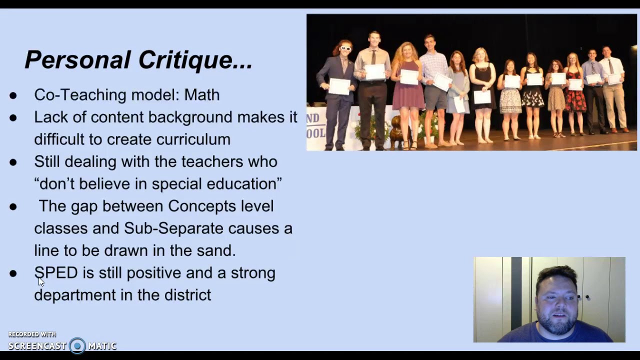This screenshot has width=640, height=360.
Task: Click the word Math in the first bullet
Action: coord(202,95)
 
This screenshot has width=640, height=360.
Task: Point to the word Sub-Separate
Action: coord(173,228)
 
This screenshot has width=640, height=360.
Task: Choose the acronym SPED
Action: coord(56,273)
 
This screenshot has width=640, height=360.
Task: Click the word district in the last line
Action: coord(187,295)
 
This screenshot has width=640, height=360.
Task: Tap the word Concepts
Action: coord(201,206)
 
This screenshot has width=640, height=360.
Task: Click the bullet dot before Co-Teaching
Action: coord(13,95)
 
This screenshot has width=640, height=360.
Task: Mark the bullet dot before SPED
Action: coord(13,273)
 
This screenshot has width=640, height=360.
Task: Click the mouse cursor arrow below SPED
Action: coord(41,282)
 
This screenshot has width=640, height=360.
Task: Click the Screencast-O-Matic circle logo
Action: coord(77,345)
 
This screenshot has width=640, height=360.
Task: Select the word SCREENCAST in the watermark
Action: coord(37,346)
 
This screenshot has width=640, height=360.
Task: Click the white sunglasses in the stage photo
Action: coord(345,48)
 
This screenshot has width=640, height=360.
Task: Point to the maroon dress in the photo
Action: coord(408,95)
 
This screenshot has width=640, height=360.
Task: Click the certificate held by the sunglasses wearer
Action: coord(339,86)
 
